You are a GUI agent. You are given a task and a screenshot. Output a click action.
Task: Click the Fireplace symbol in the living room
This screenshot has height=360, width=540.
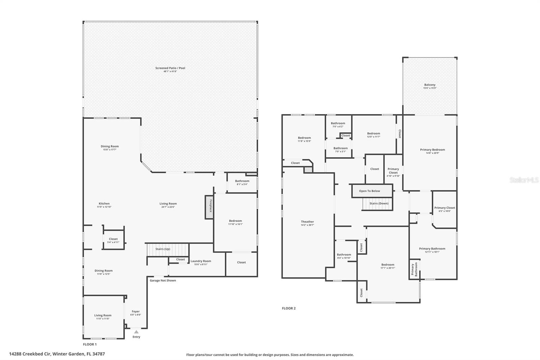(x=209, y=207)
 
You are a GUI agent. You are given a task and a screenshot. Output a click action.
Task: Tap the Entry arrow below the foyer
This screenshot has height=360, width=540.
(x=136, y=332)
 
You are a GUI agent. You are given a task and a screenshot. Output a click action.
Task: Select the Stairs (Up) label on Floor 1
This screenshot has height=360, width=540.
(x=163, y=249)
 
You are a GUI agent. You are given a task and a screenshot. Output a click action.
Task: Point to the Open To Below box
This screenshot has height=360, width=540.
(x=370, y=191)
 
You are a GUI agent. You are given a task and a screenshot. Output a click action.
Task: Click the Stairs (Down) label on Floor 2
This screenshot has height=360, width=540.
(x=379, y=203)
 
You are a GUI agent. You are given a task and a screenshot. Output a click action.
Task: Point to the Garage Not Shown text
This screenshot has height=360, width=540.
(x=163, y=280)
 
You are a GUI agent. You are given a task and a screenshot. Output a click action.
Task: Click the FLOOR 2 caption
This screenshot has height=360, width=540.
(x=289, y=308)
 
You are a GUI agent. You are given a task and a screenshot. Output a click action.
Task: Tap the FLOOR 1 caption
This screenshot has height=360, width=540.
(x=90, y=344)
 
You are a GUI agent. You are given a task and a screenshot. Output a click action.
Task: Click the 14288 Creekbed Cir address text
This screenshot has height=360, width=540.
(x=57, y=354)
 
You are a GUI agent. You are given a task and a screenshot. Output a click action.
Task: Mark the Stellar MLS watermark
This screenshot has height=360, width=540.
(x=524, y=180)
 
